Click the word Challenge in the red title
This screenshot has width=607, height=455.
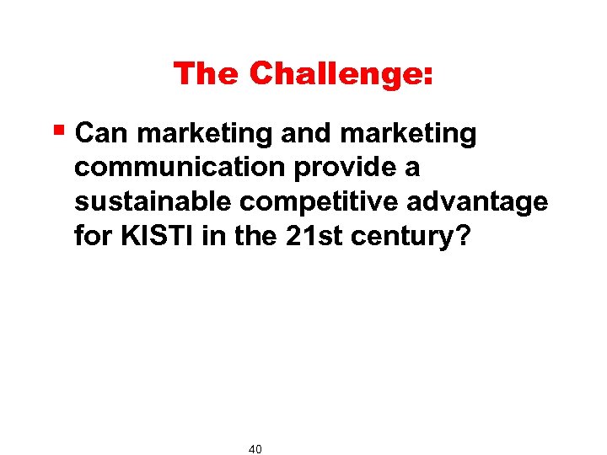tap(336, 74)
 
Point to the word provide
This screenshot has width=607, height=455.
tap(346, 169)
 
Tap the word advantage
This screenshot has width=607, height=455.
tap(476, 203)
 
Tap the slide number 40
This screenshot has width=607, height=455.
tap(255, 449)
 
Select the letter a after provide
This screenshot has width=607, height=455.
tap(412, 169)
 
